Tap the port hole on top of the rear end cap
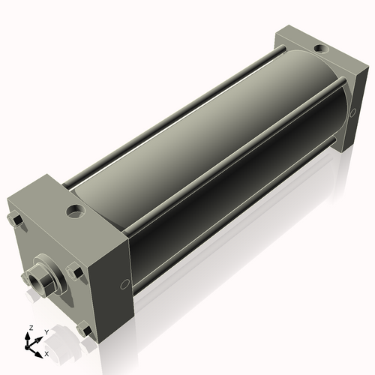pos(320,49)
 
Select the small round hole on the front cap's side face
pos(124,285)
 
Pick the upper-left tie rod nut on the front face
pos(16,220)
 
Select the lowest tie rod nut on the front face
pos(84,328)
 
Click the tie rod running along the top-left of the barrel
pos(172,116)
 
